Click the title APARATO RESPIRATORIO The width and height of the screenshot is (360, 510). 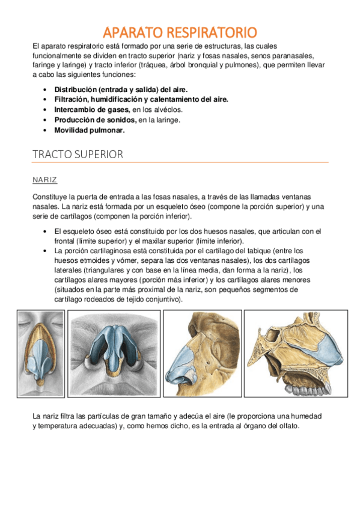tap(180, 32)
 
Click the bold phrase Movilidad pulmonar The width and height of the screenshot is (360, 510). tap(90, 130)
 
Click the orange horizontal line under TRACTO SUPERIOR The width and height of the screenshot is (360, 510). tap(180, 162)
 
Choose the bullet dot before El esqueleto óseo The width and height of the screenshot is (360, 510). tap(46, 232)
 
